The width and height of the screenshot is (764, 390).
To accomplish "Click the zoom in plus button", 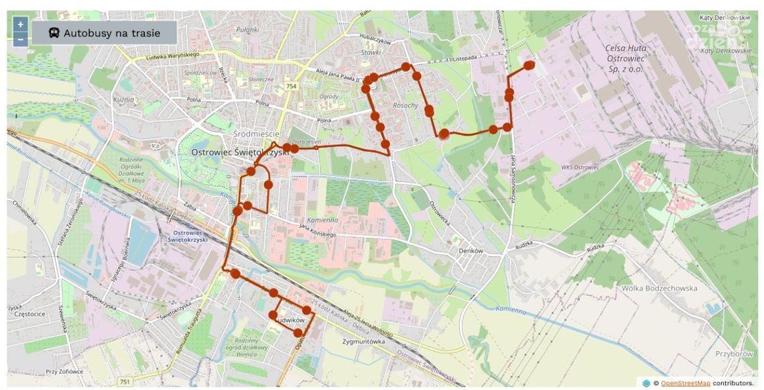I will pyautogui.click(x=21, y=25).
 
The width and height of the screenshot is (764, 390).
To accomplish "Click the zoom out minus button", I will pyautogui.click(x=21, y=39).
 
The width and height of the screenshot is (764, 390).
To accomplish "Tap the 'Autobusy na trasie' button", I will pyautogui.click(x=104, y=32).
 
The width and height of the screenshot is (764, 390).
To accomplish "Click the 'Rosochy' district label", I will pyautogui.click(x=405, y=105).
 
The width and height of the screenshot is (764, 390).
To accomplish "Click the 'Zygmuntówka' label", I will pyautogui.click(x=363, y=340).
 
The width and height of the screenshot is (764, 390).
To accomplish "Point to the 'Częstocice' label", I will pyautogui.click(x=27, y=313).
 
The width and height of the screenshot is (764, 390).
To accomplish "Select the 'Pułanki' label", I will pyautogui.click(x=247, y=29).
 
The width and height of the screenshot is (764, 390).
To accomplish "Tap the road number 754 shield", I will pyautogui.click(x=290, y=87).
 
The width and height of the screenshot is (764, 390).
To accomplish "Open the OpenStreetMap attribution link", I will pyautogui.click(x=686, y=383).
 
